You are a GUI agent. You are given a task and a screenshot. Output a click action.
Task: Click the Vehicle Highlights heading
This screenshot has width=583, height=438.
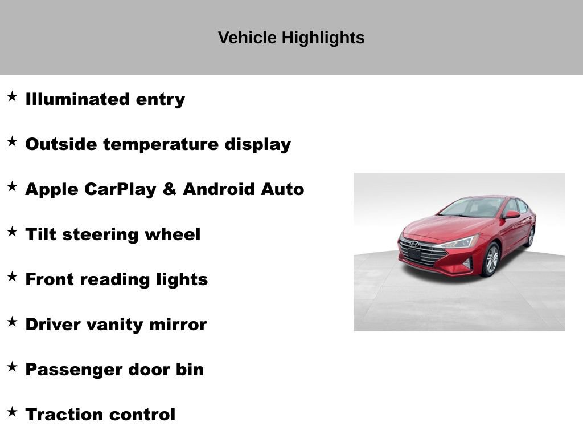click(x=291, y=38)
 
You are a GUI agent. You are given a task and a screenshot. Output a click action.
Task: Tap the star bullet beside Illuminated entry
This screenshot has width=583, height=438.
click(x=12, y=97)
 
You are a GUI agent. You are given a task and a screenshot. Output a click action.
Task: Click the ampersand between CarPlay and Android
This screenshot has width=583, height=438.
click(x=169, y=189)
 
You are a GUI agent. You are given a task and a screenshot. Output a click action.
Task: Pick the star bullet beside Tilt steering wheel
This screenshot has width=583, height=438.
click(x=12, y=232)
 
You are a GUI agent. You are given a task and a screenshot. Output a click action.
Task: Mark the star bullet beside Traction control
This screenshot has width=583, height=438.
click(x=12, y=412)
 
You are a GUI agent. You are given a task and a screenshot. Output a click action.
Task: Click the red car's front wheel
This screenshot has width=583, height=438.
click(x=491, y=260)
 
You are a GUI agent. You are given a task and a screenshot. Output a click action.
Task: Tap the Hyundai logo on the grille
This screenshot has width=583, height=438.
click(x=415, y=244)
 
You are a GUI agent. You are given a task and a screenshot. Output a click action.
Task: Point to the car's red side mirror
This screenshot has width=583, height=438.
click(x=511, y=214)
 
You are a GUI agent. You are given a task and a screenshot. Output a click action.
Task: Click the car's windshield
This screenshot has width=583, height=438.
click(x=473, y=208)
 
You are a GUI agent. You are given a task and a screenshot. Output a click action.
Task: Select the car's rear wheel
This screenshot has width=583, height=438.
click(x=531, y=236)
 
